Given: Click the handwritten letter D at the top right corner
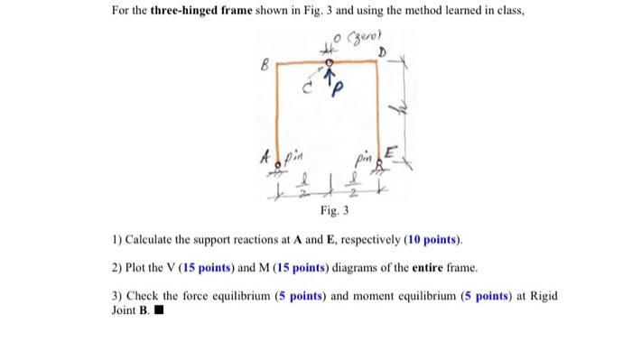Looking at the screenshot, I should point(382,55).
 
